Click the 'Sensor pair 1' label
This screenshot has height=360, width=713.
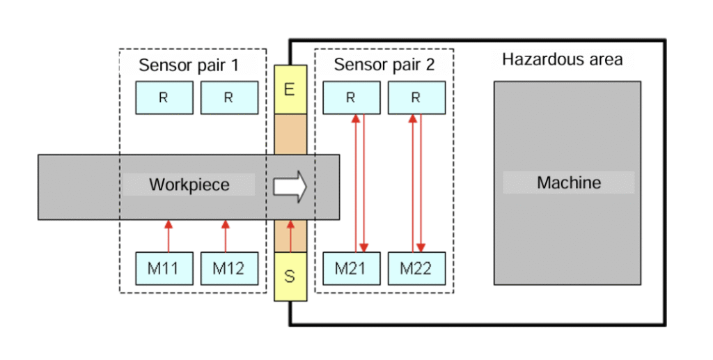[x=189, y=65]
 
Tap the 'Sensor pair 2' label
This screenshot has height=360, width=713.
[x=384, y=65]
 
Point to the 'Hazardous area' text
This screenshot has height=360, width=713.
[x=562, y=59]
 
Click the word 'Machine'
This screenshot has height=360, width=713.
[x=569, y=183]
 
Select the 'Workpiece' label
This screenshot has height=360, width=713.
[x=189, y=185]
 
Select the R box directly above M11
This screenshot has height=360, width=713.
[x=164, y=97]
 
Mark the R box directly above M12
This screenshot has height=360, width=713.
[x=229, y=97]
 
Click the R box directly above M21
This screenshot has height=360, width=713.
[x=351, y=97]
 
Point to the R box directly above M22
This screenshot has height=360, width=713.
[x=416, y=97]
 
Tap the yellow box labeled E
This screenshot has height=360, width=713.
[x=290, y=89]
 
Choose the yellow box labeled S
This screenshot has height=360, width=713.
[x=290, y=276]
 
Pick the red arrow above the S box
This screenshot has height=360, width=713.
[x=290, y=235]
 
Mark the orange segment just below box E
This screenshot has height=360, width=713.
[x=290, y=133]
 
